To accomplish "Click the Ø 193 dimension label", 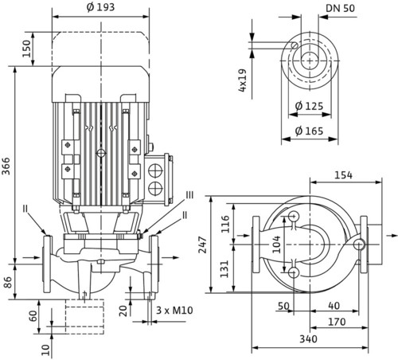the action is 100,7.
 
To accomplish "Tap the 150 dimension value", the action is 26,49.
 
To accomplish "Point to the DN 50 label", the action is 340,8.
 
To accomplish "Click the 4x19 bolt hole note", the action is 243,80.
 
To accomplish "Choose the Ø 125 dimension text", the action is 309,106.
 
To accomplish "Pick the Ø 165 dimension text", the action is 309,131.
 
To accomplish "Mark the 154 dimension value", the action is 343,175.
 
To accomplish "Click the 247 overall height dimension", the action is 203,245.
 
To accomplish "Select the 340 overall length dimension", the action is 308,339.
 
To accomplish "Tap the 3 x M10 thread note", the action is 174,310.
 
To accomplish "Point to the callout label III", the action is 189,195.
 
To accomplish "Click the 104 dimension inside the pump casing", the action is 276,245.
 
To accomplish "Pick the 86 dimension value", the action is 7,282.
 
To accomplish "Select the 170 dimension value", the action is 337,322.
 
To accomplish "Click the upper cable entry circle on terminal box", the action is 155,170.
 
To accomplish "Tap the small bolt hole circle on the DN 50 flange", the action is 295,45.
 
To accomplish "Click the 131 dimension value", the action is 224,268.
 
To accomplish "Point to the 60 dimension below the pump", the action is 33,316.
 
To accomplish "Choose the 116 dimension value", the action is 225,224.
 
